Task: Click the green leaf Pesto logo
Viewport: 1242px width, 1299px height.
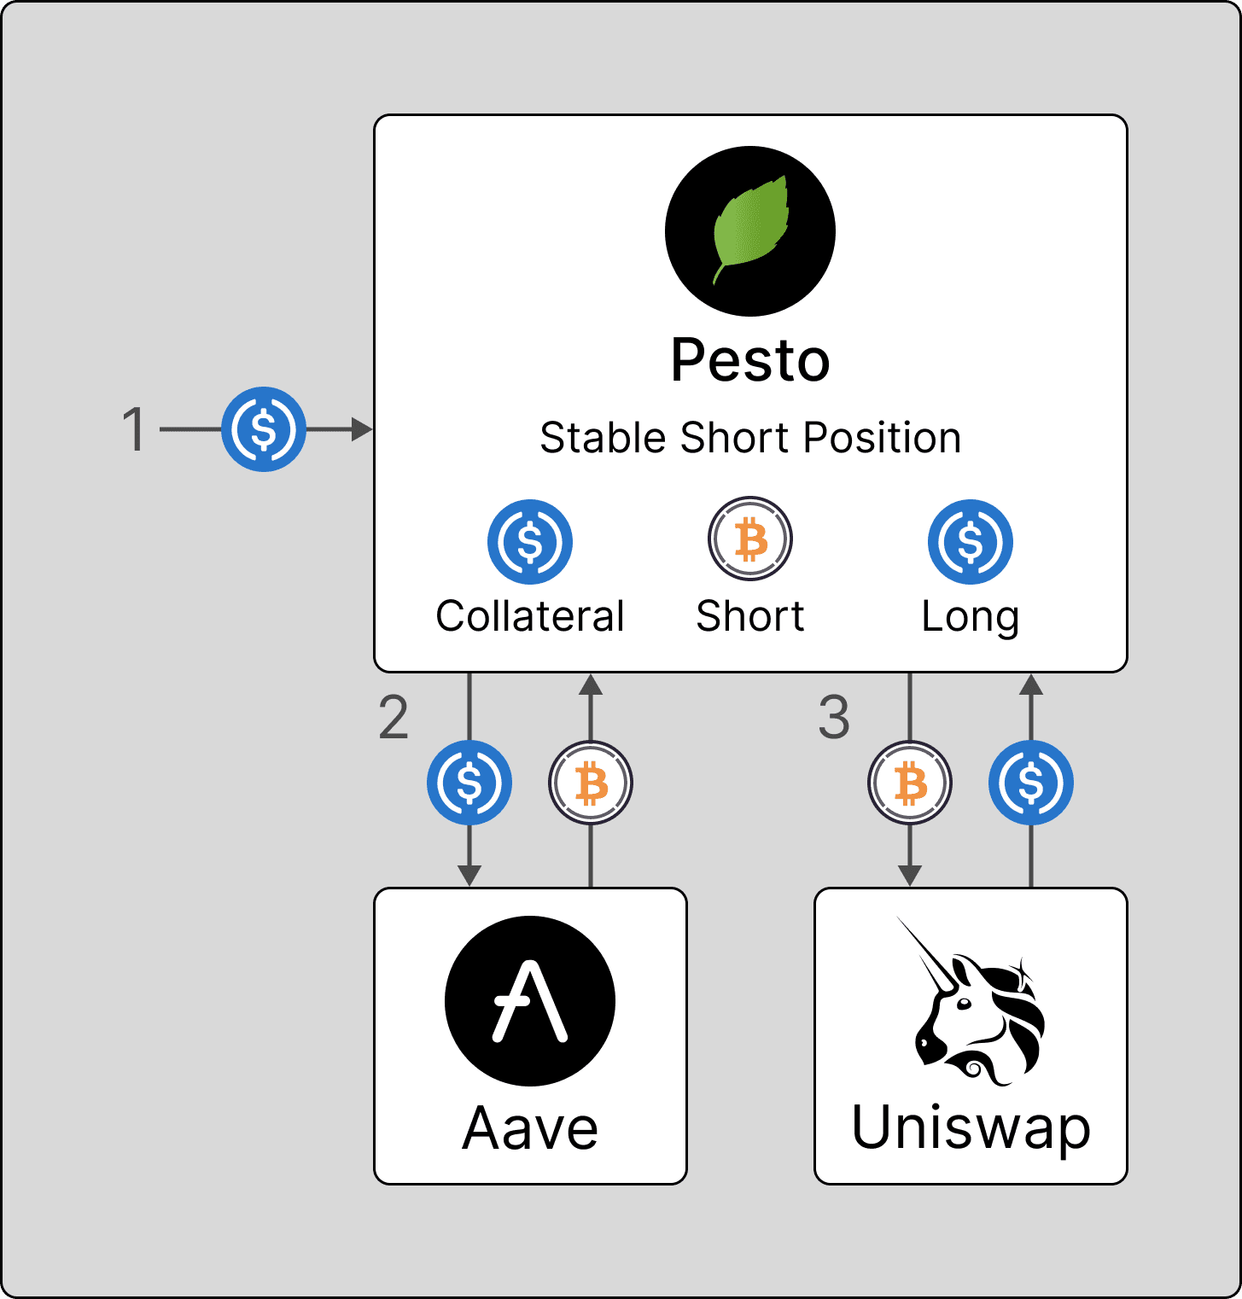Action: point(750,230)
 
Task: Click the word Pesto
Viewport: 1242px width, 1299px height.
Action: point(750,360)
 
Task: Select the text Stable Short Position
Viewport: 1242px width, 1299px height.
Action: point(750,438)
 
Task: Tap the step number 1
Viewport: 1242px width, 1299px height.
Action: point(135,428)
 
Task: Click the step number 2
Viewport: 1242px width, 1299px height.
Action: point(394,717)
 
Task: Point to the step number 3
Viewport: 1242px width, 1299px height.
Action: point(834,717)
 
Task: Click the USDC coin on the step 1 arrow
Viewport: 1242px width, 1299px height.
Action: point(264,428)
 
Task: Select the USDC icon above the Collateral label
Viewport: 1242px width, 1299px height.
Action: point(530,542)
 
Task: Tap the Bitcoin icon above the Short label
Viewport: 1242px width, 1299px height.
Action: point(750,539)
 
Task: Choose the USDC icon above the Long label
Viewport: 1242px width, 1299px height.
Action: point(971,542)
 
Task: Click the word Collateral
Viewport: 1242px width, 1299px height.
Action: point(530,616)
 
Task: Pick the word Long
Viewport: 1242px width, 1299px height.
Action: point(971,616)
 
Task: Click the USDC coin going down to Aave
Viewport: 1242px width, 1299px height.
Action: point(469,783)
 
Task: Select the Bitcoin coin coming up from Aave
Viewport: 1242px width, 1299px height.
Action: point(591,783)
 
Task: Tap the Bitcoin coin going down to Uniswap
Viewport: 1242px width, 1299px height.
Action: point(910,783)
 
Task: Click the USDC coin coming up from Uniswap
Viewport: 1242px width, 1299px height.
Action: point(1031,783)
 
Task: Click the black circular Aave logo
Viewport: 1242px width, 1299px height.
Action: point(530,1000)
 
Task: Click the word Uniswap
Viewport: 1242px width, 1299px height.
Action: point(971,1128)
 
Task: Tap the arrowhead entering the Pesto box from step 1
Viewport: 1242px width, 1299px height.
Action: point(363,428)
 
